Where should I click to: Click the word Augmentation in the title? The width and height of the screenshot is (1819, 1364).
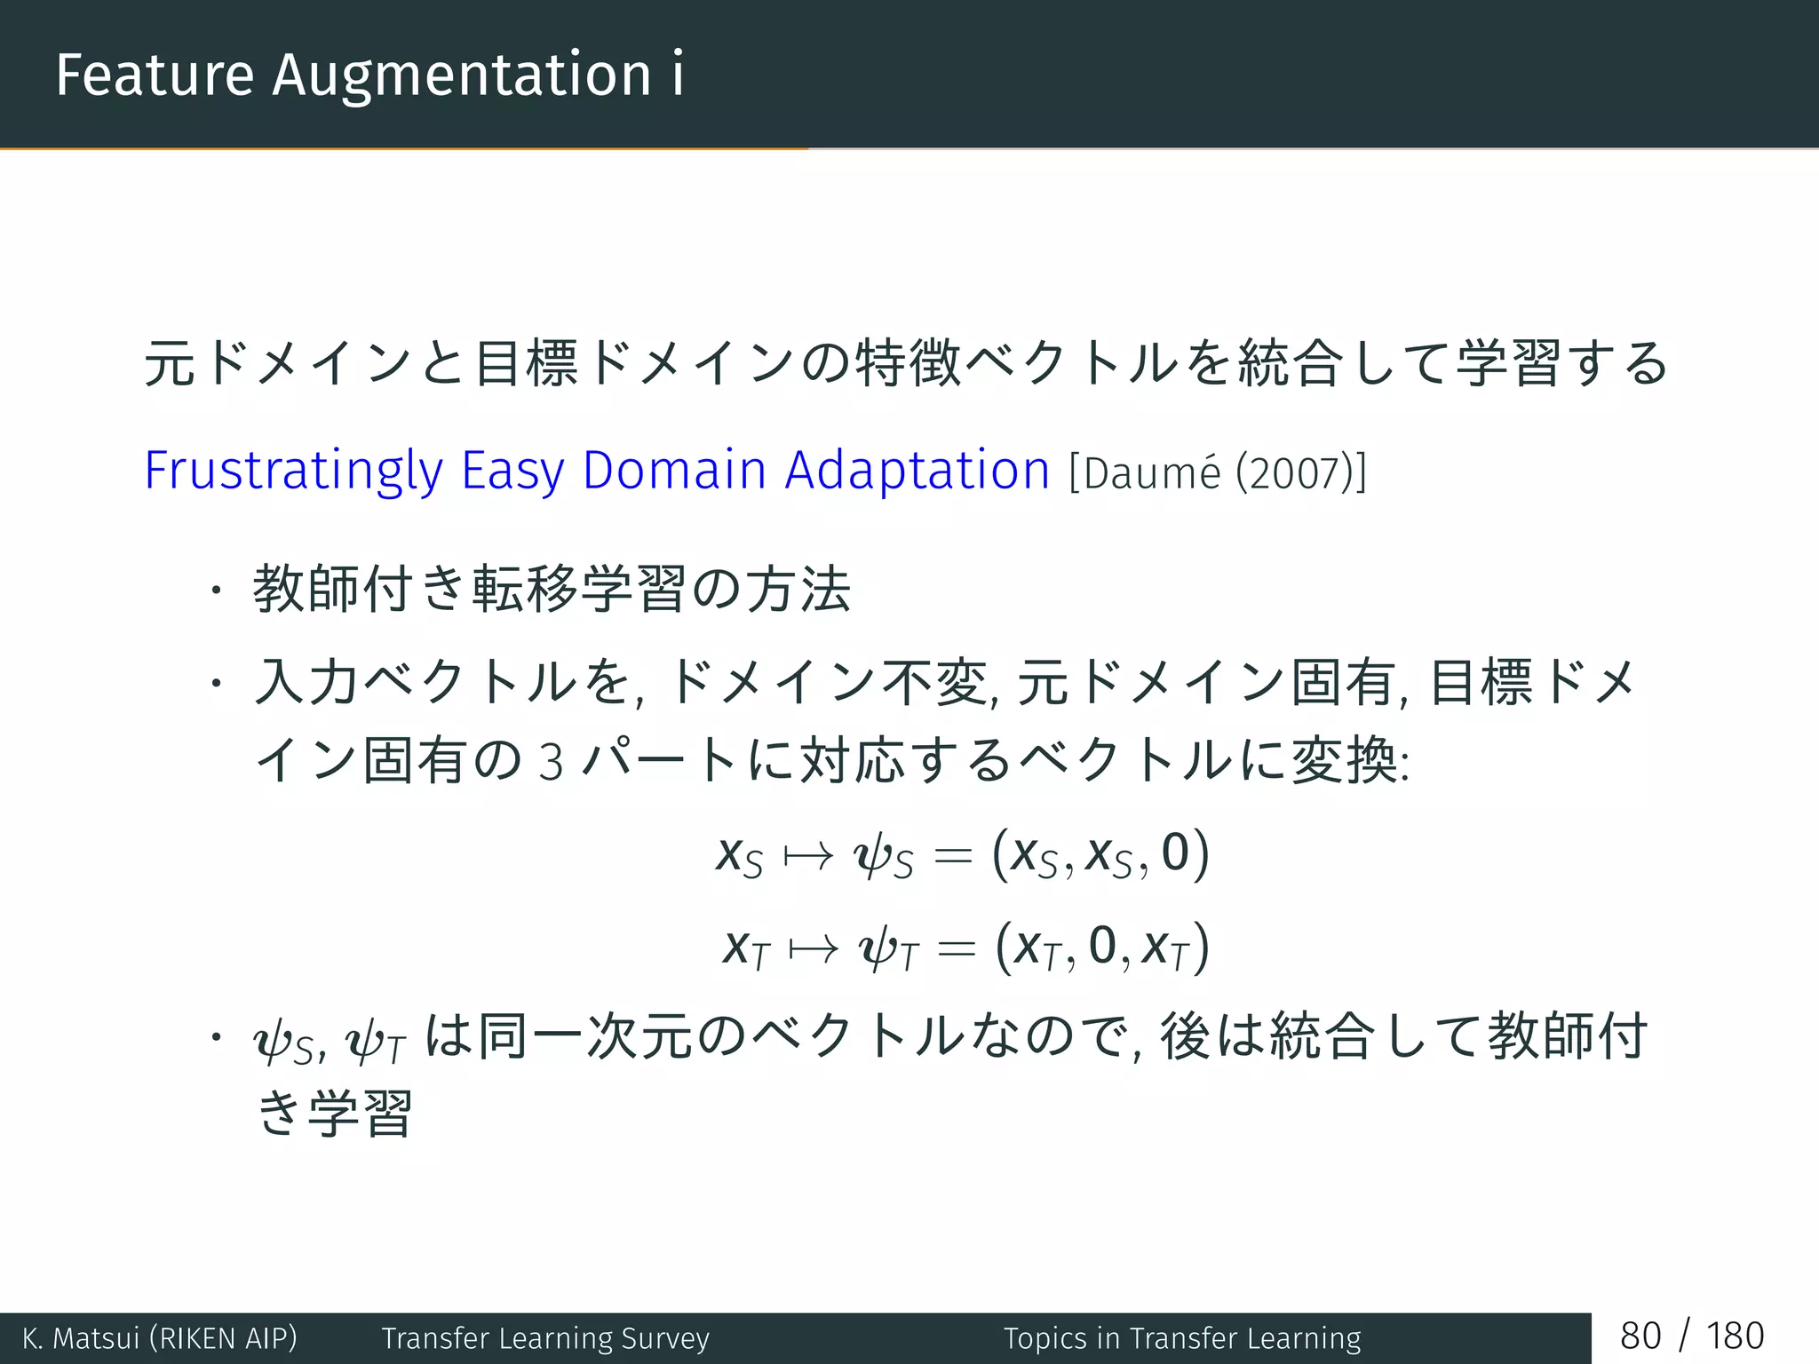(x=462, y=76)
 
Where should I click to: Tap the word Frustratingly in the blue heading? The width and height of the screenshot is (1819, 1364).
(x=293, y=471)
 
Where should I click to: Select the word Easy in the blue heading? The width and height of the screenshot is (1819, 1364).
(x=512, y=471)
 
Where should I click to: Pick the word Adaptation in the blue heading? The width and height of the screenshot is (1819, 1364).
(x=917, y=471)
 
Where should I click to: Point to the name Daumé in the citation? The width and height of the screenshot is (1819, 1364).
(x=1152, y=472)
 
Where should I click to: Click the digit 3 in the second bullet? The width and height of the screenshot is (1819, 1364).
(x=551, y=762)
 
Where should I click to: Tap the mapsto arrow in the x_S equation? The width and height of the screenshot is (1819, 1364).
(x=807, y=856)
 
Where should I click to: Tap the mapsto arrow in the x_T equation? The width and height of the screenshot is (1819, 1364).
(x=813, y=949)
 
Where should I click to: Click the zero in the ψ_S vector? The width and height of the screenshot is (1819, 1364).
(x=1174, y=852)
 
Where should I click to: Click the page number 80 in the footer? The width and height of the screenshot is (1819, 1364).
(x=1640, y=1336)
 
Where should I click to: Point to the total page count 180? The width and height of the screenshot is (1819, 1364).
(x=1735, y=1336)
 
